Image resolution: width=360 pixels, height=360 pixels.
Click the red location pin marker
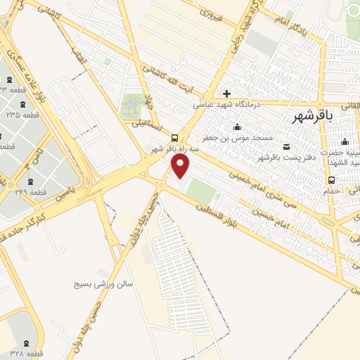click(181, 166)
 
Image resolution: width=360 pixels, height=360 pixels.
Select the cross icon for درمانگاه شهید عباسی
click(226, 93)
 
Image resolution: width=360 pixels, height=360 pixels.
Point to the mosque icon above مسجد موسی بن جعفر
click(236, 127)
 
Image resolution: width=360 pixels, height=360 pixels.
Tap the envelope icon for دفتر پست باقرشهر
click(285, 146)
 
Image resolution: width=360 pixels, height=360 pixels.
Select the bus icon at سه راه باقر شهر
click(173, 138)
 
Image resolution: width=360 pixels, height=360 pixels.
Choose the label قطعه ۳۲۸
click(28, 351)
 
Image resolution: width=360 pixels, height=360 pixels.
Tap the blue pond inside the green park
click(131, 105)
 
